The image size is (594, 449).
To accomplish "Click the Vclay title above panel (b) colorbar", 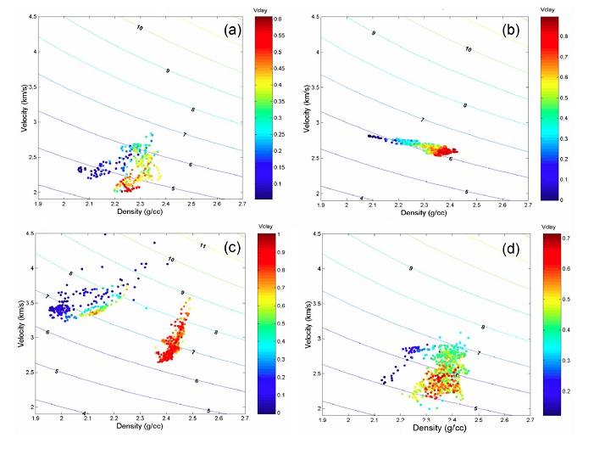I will (x=549, y=8).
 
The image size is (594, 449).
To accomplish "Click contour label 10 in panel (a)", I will (x=140, y=28).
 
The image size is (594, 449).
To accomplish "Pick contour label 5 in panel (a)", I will (x=174, y=188).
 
